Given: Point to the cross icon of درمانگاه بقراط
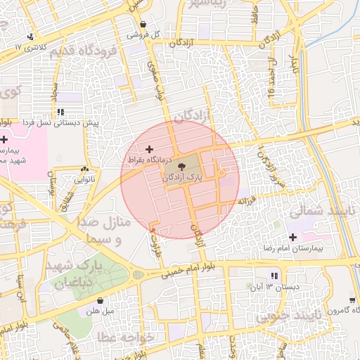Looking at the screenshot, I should point(148,149).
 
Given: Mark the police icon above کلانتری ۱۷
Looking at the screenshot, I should point(29,37).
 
